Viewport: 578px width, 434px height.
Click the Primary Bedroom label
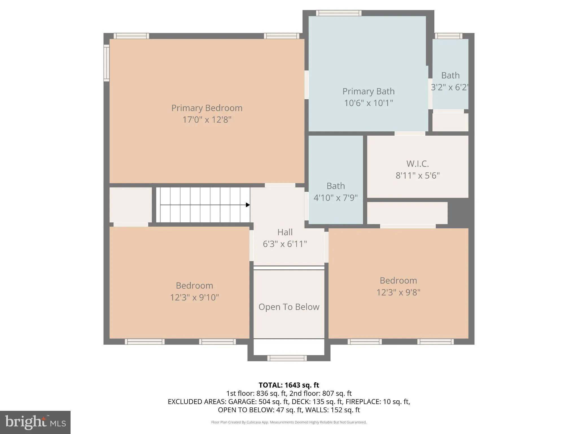pos(207,108)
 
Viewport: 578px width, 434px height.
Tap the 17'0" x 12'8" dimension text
pos(207,120)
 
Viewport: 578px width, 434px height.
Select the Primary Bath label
pos(368,91)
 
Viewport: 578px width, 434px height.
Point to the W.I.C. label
pos(417,164)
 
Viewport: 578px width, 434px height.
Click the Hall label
pos(285,232)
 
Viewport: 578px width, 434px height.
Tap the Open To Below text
pos(289,307)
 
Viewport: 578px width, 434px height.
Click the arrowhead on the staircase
pos(248,205)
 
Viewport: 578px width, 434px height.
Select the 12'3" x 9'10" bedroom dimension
pos(194,298)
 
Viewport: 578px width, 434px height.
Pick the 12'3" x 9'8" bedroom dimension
pos(398,292)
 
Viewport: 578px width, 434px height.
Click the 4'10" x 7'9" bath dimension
pos(336,198)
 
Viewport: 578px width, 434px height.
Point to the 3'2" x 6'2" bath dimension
pos(450,87)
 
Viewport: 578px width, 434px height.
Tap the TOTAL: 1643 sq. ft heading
pos(289,385)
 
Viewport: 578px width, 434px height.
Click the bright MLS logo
pos(35,422)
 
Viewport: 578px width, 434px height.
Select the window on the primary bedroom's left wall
pos(106,63)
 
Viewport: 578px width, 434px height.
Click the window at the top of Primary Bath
pos(339,13)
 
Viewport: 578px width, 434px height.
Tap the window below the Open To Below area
pos(287,358)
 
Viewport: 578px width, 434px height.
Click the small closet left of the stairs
pos(131,205)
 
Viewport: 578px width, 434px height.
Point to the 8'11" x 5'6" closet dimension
pos(417,175)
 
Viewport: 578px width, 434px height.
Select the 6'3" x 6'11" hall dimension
pos(285,244)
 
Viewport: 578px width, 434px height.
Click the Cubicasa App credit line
pos(289,422)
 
